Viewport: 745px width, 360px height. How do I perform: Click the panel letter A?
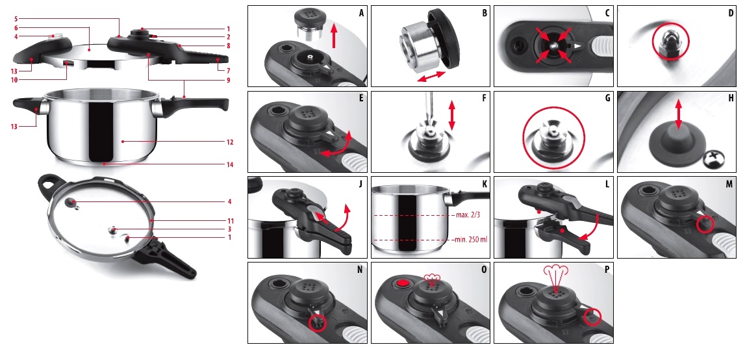pos(362,13)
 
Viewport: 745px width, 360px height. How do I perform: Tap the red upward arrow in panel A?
pos(334,36)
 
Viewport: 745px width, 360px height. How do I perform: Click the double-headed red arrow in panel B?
pos(431,77)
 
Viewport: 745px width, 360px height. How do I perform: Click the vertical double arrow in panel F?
pos(451,114)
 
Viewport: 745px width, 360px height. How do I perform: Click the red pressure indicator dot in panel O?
pos(403,283)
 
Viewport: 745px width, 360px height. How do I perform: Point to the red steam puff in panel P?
pos(554,277)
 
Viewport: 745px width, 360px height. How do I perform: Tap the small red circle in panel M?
pos(705,224)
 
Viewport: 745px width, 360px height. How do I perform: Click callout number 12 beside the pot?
pos(230,142)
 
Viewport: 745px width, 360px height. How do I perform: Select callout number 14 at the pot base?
pos(230,164)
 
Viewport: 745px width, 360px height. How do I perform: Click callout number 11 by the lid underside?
pos(230,221)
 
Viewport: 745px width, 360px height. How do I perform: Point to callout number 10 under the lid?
pos(14,79)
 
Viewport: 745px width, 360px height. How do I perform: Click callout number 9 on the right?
pos(228,80)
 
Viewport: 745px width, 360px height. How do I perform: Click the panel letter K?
pos(485,184)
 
